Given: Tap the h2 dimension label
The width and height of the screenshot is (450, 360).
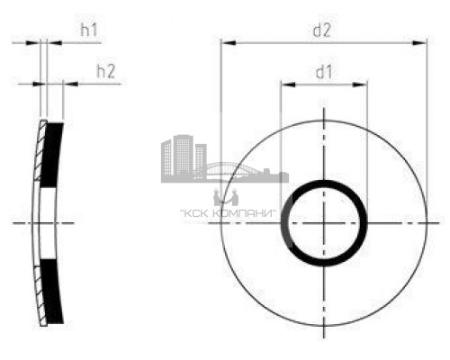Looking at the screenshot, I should [105, 72].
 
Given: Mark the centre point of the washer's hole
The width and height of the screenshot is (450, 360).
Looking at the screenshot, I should [324, 221].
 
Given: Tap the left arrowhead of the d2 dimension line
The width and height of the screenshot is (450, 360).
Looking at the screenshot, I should [227, 42].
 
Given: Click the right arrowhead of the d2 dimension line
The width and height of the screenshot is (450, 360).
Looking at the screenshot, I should [419, 42].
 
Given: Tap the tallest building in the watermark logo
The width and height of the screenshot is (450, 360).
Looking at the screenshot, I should [180, 155].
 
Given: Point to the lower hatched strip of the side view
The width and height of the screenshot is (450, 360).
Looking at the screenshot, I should [40, 288].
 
